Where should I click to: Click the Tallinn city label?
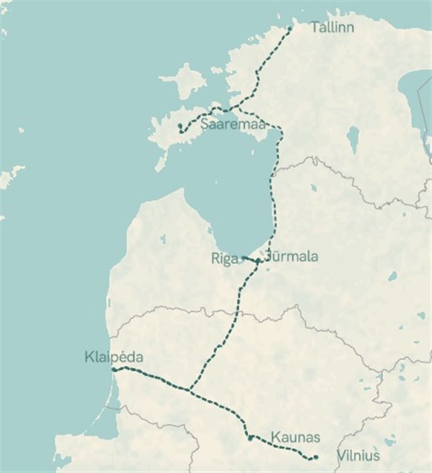pyautogui.click(x=332, y=27)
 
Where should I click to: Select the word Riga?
pyautogui.click(x=225, y=259)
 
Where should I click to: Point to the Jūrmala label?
pyautogui.click(x=291, y=257)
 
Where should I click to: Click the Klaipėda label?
pyautogui.click(x=114, y=357)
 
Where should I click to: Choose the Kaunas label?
pyautogui.click(x=295, y=438)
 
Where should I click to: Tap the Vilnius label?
pyautogui.click(x=358, y=456)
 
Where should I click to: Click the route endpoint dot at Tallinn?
pyautogui.click(x=289, y=28)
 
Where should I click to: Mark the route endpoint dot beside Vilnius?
pyautogui.click(x=315, y=457)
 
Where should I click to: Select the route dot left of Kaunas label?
pyautogui.click(x=250, y=438)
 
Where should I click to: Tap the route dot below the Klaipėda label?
pyautogui.click(x=114, y=369)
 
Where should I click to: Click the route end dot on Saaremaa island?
pyautogui.click(x=180, y=126)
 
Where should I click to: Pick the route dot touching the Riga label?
pyautogui.click(x=244, y=258)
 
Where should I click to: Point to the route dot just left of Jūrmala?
pyautogui.click(x=258, y=261)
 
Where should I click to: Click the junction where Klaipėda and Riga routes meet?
pyautogui.click(x=190, y=389)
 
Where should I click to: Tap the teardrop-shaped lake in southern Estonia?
pyautogui.click(x=352, y=139)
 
